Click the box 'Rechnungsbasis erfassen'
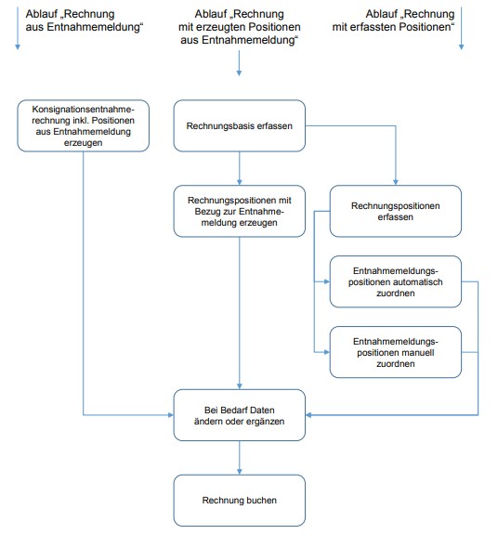point(239,125)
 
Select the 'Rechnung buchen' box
point(239,500)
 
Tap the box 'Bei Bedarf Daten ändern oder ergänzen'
point(239,415)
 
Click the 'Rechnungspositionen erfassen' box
point(396,211)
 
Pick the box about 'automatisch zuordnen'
point(396,281)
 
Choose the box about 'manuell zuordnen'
point(396,352)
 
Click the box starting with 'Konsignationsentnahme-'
point(84,125)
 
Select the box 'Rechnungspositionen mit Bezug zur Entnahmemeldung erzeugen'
point(239,211)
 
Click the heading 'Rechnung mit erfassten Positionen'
point(393,20)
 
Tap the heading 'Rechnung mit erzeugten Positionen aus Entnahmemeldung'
point(239,27)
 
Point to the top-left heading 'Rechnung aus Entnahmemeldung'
point(85,20)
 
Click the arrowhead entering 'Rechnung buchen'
point(239,472)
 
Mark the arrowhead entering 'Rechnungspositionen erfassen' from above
point(396,182)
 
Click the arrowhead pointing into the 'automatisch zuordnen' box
point(327,281)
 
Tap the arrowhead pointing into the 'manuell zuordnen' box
point(327,352)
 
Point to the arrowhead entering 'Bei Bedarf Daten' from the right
point(308,415)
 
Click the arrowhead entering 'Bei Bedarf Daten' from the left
point(171,415)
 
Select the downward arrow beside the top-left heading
point(18,28)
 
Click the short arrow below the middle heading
point(239,63)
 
